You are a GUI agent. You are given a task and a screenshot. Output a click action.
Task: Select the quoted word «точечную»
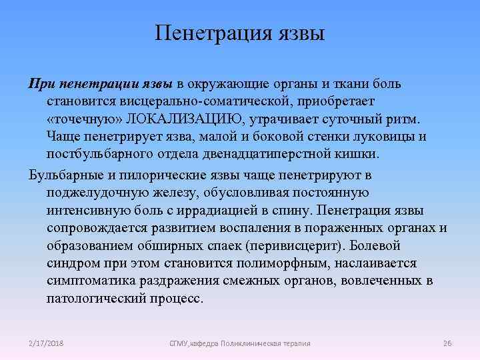click(76, 118)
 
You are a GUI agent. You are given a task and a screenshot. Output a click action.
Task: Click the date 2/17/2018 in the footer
click(46, 343)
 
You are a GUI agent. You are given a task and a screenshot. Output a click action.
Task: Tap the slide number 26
click(447, 343)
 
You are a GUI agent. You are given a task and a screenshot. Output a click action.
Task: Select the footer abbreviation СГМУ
click(180, 343)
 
